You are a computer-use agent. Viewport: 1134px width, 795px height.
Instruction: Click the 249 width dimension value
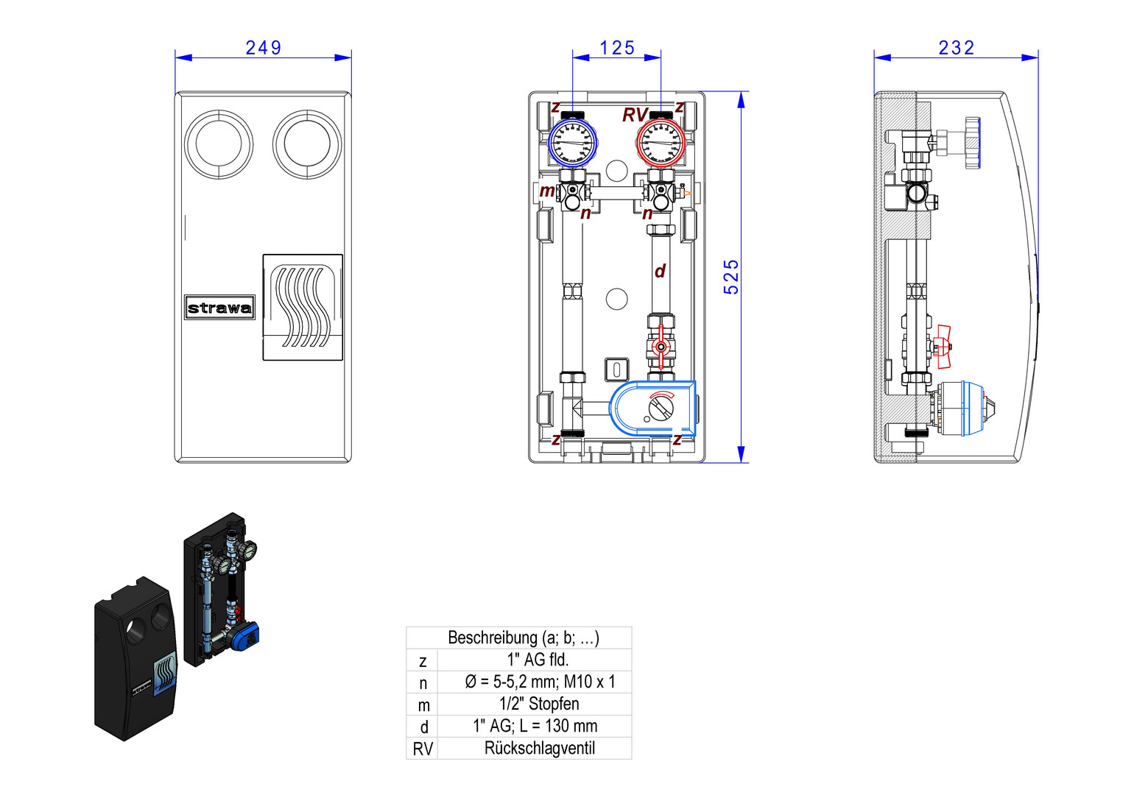tap(263, 48)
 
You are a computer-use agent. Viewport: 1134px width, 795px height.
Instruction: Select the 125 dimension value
tap(616, 48)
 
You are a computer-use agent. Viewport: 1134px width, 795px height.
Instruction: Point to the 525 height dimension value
tap(730, 277)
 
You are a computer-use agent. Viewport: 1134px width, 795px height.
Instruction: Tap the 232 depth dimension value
tap(956, 48)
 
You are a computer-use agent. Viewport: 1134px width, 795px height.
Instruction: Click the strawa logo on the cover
tap(219, 308)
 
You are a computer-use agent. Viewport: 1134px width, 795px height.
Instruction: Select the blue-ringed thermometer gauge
tap(573, 143)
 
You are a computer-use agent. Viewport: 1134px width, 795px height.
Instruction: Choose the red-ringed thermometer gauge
tap(661, 143)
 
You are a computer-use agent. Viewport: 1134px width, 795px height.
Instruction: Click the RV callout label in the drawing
tap(635, 115)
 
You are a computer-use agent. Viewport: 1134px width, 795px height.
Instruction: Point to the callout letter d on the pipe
tap(660, 271)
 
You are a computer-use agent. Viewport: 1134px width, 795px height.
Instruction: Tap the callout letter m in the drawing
tap(547, 191)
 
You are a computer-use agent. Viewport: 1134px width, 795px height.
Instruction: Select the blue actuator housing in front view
tap(652, 408)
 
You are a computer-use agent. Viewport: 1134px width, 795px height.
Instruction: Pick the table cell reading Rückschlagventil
tap(539, 749)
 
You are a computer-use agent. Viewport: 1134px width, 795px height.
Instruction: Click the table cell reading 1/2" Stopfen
tap(539, 704)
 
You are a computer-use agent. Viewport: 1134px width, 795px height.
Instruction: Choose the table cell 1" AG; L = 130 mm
tap(535, 727)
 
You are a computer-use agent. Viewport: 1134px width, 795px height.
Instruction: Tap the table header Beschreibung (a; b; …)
tap(523, 637)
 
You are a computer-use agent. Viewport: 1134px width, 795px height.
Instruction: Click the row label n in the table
tap(423, 682)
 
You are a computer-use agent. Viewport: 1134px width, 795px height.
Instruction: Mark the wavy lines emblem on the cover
tap(303, 307)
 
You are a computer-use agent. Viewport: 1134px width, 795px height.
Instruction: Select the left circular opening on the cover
tap(219, 144)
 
